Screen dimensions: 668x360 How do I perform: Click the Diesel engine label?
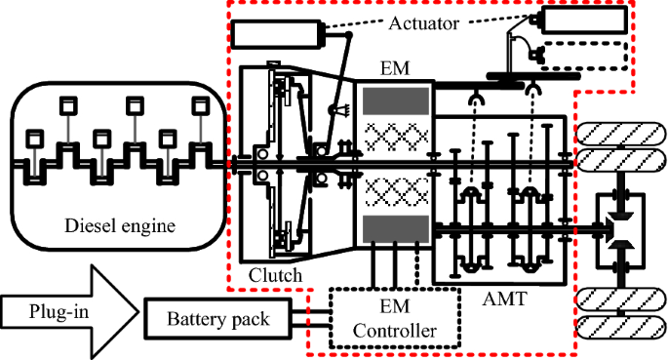pos(120,225)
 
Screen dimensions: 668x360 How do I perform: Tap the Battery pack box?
pos(218,320)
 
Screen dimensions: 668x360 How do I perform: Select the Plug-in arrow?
pos(70,312)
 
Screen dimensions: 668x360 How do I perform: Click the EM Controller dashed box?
pos(395,318)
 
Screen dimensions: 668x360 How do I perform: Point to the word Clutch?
pos(275,275)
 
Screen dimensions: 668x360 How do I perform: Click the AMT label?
pos(505,299)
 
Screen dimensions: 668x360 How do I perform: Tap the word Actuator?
pos(424,23)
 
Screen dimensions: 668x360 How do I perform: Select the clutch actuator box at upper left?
pos(277,33)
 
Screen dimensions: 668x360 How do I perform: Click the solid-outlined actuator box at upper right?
pos(584,20)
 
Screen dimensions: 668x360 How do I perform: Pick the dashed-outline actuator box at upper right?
pos(584,56)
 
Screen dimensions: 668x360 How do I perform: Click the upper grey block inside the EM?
pos(395,100)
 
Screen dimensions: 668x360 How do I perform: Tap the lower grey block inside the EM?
pos(395,229)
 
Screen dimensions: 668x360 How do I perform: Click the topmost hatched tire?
pos(621,134)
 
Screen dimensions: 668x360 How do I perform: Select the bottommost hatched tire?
pos(621,327)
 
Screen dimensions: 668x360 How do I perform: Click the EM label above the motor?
pos(395,68)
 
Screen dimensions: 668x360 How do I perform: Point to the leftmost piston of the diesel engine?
pos(35,140)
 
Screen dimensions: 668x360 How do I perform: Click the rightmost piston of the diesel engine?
pos(201,106)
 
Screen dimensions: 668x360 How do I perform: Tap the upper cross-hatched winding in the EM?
pos(396,137)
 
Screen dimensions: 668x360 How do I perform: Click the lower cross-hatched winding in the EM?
pos(396,191)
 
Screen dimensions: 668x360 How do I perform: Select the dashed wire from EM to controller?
pos(417,265)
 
